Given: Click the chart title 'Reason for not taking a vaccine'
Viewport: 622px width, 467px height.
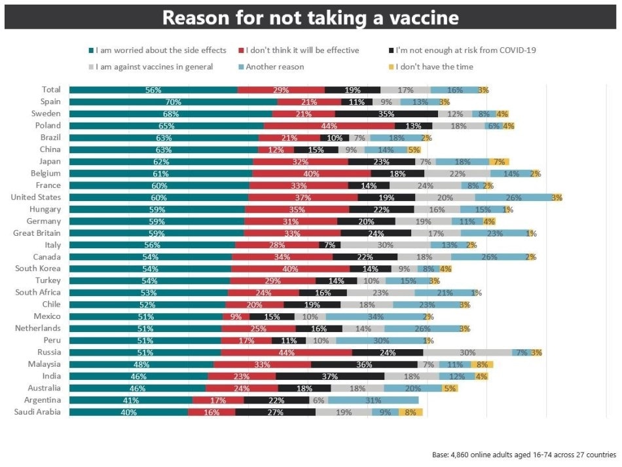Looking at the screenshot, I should (x=310, y=17).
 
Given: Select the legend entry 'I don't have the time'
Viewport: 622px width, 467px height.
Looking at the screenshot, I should (x=430, y=67).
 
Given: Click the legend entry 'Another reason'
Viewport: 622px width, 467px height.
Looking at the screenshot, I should (x=274, y=67).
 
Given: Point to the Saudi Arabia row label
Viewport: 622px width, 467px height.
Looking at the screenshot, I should (x=37, y=412).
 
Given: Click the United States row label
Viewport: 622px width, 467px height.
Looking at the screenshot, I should (x=36, y=197).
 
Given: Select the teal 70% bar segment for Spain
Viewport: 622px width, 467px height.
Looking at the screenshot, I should (x=173, y=102).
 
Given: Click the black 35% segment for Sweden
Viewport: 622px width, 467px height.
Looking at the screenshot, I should (x=386, y=113).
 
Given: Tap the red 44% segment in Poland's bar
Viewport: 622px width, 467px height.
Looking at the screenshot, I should (x=329, y=126).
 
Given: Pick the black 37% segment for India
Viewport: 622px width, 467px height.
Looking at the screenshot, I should (x=329, y=376).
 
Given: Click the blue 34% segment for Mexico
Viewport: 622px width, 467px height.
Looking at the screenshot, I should (x=375, y=316).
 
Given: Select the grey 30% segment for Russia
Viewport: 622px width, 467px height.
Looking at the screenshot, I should (x=467, y=352).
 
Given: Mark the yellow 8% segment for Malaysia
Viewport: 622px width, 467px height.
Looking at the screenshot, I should (x=481, y=364).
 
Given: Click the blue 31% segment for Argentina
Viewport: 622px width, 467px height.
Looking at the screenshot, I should (x=373, y=400).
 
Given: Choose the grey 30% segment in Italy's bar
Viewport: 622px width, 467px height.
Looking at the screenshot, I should (x=385, y=245).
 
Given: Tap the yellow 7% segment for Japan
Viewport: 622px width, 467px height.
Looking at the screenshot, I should (x=499, y=161).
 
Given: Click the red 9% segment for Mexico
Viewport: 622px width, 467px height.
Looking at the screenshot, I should (x=236, y=316).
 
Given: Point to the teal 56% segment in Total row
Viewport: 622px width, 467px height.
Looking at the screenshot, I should (x=153, y=90).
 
